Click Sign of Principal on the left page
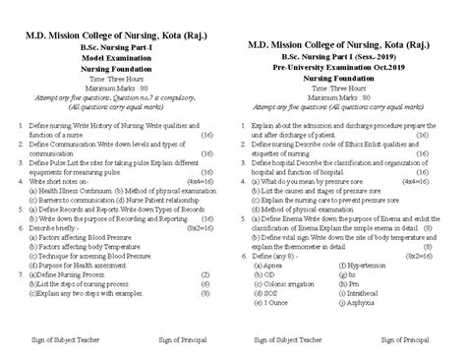(172, 340)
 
